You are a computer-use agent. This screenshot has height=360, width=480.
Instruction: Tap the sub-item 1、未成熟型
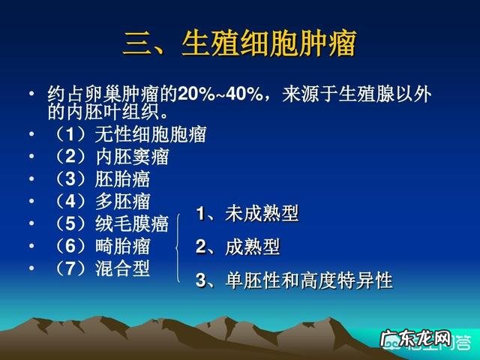pos(247,214)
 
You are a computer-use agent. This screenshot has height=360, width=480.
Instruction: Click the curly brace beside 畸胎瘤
pos(178,247)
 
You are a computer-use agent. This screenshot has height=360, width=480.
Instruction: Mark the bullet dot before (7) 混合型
pos(31,267)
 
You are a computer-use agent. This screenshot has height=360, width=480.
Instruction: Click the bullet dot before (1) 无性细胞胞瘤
pos(31,136)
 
